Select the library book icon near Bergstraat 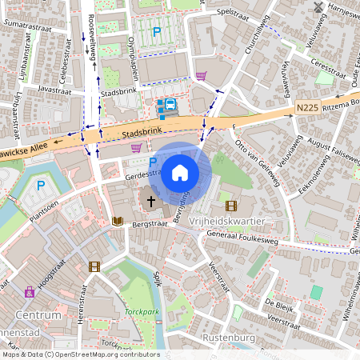coord(117,220)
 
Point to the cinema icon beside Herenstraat coord(95,266)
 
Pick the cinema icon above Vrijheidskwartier coord(219,205)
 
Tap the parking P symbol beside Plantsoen coord(41,186)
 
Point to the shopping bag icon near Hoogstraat coord(30,292)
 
